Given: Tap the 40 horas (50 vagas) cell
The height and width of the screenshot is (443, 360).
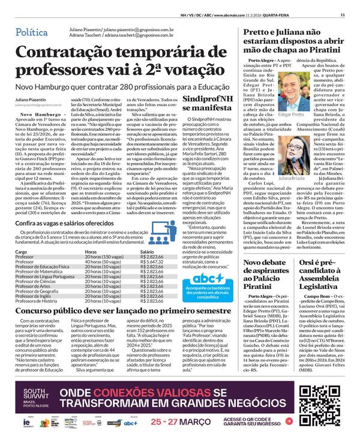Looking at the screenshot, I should pos(104,245).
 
